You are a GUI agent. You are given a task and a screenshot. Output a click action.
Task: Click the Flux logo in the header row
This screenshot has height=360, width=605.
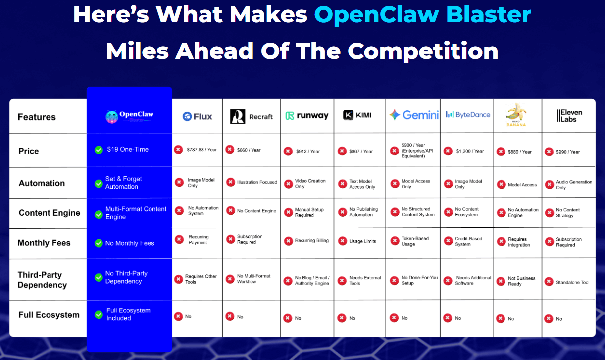tap(197, 116)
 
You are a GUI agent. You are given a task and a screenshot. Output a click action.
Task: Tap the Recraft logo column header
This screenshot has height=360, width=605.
tap(252, 116)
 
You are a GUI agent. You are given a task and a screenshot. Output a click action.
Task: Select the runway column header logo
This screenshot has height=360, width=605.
tap(307, 116)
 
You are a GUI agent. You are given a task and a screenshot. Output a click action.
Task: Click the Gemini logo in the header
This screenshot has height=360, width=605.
tap(414, 115)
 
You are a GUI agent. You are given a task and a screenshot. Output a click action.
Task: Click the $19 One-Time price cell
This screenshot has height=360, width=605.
tap(128, 149)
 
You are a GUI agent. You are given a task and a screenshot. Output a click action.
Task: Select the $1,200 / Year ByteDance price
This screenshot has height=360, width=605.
tap(470, 151)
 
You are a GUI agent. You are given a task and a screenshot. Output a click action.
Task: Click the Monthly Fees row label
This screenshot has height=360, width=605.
tap(44, 243)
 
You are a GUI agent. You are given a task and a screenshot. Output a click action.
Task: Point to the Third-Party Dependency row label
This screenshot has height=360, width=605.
tap(42, 280)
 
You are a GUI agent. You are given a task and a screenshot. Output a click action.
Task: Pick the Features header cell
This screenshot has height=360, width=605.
tap(37, 117)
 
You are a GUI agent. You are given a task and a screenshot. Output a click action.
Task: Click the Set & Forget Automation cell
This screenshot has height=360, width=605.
tap(123, 183)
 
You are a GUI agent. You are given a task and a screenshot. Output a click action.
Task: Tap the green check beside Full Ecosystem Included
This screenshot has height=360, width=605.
tap(99, 314)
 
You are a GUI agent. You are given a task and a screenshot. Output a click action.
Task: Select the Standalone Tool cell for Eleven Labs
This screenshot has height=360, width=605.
tap(572, 282)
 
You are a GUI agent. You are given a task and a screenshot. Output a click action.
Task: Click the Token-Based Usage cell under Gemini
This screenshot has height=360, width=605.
tap(415, 241)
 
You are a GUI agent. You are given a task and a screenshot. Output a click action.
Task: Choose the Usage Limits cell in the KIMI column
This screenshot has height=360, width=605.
tap(362, 241)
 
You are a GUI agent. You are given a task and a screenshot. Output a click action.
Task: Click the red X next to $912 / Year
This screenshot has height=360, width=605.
tap(288, 151)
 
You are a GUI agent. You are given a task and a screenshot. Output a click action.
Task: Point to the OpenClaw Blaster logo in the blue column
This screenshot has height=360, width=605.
tap(129, 116)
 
